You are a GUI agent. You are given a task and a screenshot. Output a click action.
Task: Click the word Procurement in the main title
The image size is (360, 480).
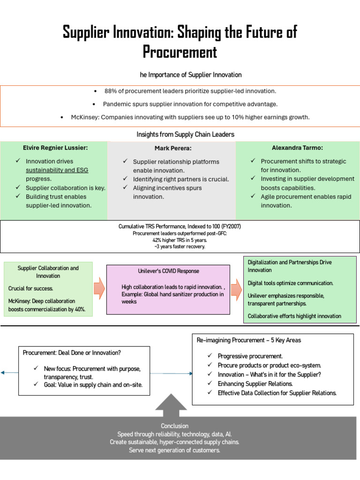tap(180, 52)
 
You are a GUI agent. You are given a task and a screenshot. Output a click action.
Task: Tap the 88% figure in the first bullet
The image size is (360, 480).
tap(111, 91)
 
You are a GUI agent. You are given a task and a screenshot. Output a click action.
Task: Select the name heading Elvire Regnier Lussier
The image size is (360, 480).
tap(55, 148)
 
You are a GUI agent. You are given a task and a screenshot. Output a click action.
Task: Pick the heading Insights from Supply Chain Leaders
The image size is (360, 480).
tap(185, 135)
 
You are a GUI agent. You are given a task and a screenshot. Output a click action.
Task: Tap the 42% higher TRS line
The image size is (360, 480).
tap(180, 240)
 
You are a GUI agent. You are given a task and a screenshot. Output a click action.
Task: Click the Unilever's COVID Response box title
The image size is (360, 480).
tap(168, 271)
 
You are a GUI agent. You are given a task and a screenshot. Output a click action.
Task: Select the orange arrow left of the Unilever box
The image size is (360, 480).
tap(99, 288)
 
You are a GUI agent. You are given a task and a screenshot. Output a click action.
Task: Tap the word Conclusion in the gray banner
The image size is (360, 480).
tap(174, 426)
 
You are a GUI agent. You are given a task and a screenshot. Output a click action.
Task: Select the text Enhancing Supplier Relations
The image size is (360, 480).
tap(255, 384)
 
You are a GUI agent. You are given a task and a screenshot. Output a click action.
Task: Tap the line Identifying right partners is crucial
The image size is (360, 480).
tap(181, 179)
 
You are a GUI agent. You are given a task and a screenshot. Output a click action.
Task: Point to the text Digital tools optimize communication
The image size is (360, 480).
tap(291, 283)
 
